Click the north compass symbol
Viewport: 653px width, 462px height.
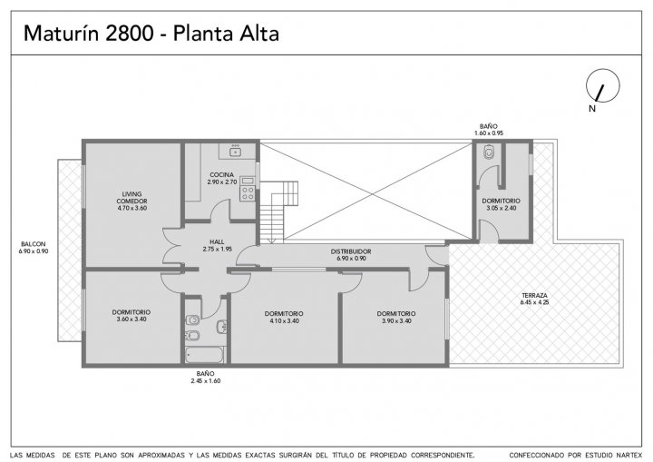602,85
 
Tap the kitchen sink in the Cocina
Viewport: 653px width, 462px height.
235,152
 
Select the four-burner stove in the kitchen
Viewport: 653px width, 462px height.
248,193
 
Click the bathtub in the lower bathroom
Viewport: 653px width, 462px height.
204,355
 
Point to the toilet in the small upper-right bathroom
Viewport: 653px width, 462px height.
489,152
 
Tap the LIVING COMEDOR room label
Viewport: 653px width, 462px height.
132,197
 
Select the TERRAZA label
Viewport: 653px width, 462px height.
534,295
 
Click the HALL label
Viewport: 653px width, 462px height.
217,241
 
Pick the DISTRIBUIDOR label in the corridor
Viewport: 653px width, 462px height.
351,251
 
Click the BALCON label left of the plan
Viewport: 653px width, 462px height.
34,244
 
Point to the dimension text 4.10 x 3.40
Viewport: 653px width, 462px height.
284,320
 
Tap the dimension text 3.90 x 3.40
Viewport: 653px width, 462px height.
396,320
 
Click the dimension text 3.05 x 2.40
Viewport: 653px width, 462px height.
501,208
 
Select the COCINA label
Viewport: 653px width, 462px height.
221,174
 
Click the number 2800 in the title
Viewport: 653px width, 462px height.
129,34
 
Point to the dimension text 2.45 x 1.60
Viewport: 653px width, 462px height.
206,380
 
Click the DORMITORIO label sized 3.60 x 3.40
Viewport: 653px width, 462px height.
132,312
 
